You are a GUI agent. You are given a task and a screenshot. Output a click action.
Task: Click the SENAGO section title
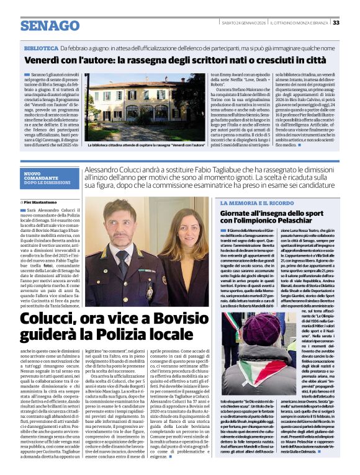point(50,25)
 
